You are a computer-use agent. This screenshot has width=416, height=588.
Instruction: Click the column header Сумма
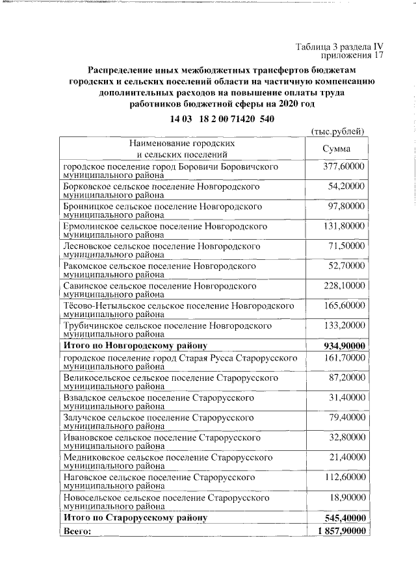point(337,149)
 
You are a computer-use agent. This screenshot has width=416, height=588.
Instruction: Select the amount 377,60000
point(344,167)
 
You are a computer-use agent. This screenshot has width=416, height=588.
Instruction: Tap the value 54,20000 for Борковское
point(346,186)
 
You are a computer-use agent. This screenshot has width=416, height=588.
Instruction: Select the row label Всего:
point(77,531)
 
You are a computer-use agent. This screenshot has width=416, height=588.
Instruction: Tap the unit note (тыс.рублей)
point(338,131)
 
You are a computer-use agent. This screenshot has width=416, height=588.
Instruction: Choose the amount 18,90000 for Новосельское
point(346,498)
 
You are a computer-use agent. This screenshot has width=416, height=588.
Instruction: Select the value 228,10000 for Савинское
point(344,285)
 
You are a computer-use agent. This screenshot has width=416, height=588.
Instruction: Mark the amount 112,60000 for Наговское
point(344,478)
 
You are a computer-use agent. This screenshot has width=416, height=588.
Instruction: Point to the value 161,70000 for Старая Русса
point(344,358)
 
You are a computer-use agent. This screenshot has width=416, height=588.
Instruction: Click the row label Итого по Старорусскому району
point(135,518)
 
